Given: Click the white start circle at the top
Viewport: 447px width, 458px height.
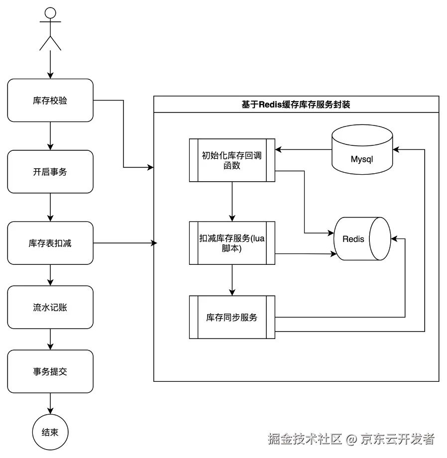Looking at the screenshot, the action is pos(50,13).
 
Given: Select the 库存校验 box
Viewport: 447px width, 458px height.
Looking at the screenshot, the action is pos(50,101).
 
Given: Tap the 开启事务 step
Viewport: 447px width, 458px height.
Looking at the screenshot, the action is pos(50,172).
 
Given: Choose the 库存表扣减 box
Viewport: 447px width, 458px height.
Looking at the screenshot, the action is pos(50,243).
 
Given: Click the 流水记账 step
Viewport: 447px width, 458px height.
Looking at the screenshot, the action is pos(50,307).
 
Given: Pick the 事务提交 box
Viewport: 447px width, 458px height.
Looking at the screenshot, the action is pos(50,371).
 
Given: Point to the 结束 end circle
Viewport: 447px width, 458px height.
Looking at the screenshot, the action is pos(50,432).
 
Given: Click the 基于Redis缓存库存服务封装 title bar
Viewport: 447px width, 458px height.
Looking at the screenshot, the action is pos(296,105).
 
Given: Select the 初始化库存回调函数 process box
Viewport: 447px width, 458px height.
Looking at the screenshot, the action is pos(231,161).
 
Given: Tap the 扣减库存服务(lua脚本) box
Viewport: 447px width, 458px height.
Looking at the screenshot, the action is pos(231,243).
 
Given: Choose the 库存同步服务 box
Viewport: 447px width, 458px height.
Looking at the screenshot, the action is pos(231,317).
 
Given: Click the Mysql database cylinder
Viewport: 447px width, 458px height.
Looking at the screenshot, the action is pos(362,149).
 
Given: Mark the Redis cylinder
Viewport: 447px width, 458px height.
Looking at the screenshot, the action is pos(358,239).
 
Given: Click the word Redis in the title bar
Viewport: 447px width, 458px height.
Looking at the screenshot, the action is pos(271,105).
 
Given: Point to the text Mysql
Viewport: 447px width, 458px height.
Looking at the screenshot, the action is pos(362,160).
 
